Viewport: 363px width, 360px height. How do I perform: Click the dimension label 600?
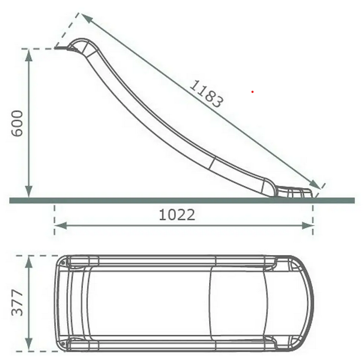coord(17,123)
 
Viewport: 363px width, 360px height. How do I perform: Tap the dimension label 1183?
coord(207,94)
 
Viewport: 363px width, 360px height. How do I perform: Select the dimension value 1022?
coord(177,215)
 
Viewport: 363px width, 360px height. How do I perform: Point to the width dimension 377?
coord(17,303)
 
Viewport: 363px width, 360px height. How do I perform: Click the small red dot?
coord(253,92)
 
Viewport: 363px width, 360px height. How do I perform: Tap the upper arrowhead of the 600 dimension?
coord(29,55)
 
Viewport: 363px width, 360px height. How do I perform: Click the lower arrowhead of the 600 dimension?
coord(29,192)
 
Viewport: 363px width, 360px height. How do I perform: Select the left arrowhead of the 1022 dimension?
coord(61,225)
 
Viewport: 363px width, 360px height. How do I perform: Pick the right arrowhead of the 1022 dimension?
coord(307,225)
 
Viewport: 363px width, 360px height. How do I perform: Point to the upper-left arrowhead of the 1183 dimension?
coord(86,17)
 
